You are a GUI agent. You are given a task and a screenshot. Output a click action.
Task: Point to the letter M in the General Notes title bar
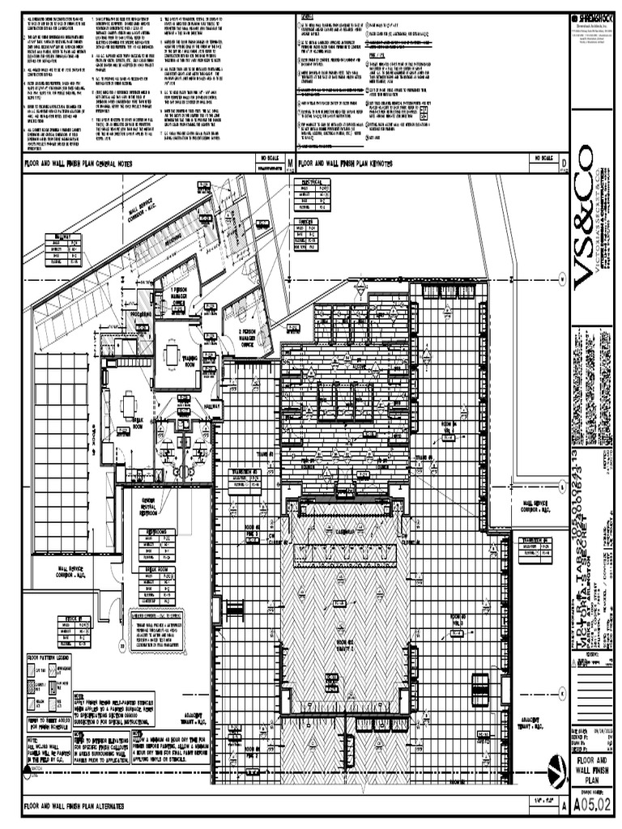point(289,164)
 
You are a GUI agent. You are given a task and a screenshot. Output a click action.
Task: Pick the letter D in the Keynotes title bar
point(563,164)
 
